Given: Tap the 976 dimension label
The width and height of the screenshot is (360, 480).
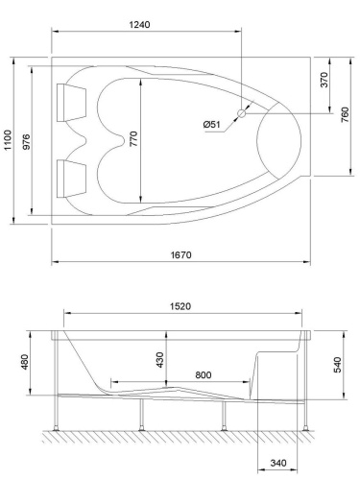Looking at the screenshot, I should [30, 141].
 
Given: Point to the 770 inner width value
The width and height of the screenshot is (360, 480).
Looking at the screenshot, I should [134, 139].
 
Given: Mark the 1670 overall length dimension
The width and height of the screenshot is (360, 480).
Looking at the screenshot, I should [180, 254].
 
